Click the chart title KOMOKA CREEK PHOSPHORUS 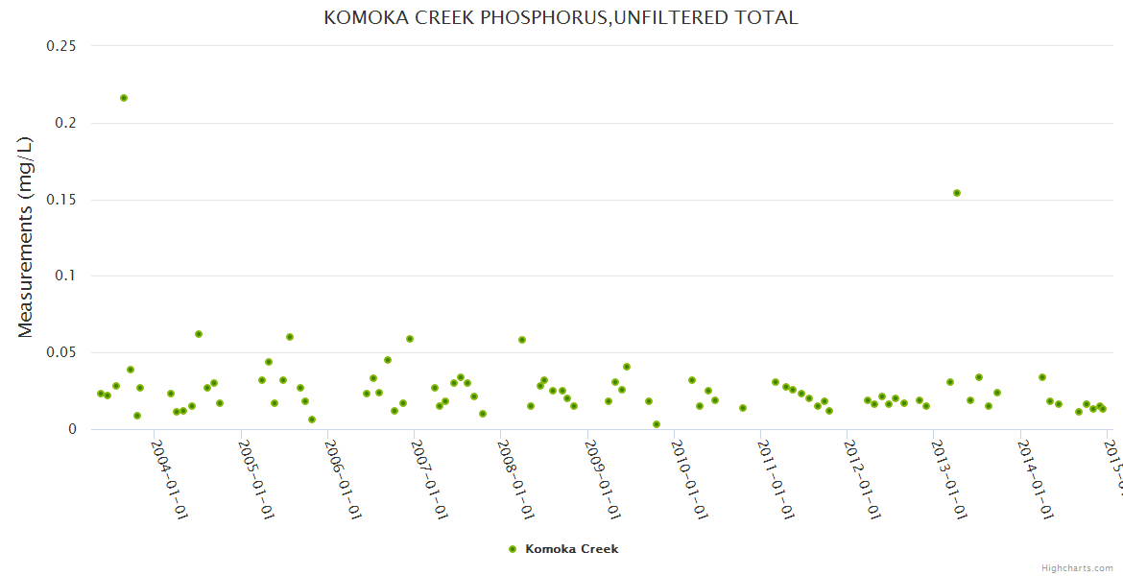561,18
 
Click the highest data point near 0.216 124,98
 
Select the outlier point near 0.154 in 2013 957,193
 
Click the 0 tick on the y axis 71,429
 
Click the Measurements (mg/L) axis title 26,237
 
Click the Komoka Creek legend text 572,549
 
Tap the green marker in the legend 513,549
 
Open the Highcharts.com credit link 1078,567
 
